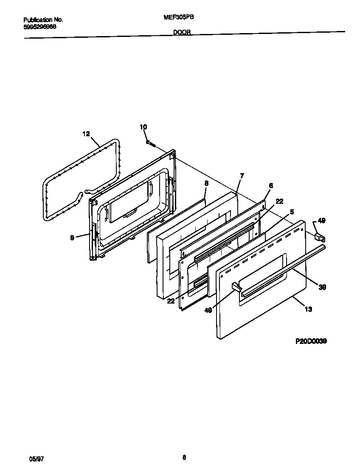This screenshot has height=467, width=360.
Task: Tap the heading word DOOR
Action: point(182,32)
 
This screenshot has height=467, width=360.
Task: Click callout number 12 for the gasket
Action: point(86,134)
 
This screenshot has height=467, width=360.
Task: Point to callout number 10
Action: point(143,127)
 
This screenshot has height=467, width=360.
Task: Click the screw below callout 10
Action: point(150,143)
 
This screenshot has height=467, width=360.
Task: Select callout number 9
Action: point(73,238)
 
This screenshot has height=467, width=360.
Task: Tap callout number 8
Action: point(206,183)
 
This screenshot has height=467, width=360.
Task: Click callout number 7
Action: point(242,175)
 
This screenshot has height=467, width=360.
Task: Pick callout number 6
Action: point(271,186)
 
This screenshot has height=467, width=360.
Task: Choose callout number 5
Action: point(292,211)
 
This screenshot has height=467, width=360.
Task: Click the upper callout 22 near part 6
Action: point(279,201)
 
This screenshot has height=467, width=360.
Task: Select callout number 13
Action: point(308,309)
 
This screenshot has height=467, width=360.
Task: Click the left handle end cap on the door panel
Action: point(235,287)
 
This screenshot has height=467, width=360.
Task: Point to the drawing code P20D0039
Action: point(311,341)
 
